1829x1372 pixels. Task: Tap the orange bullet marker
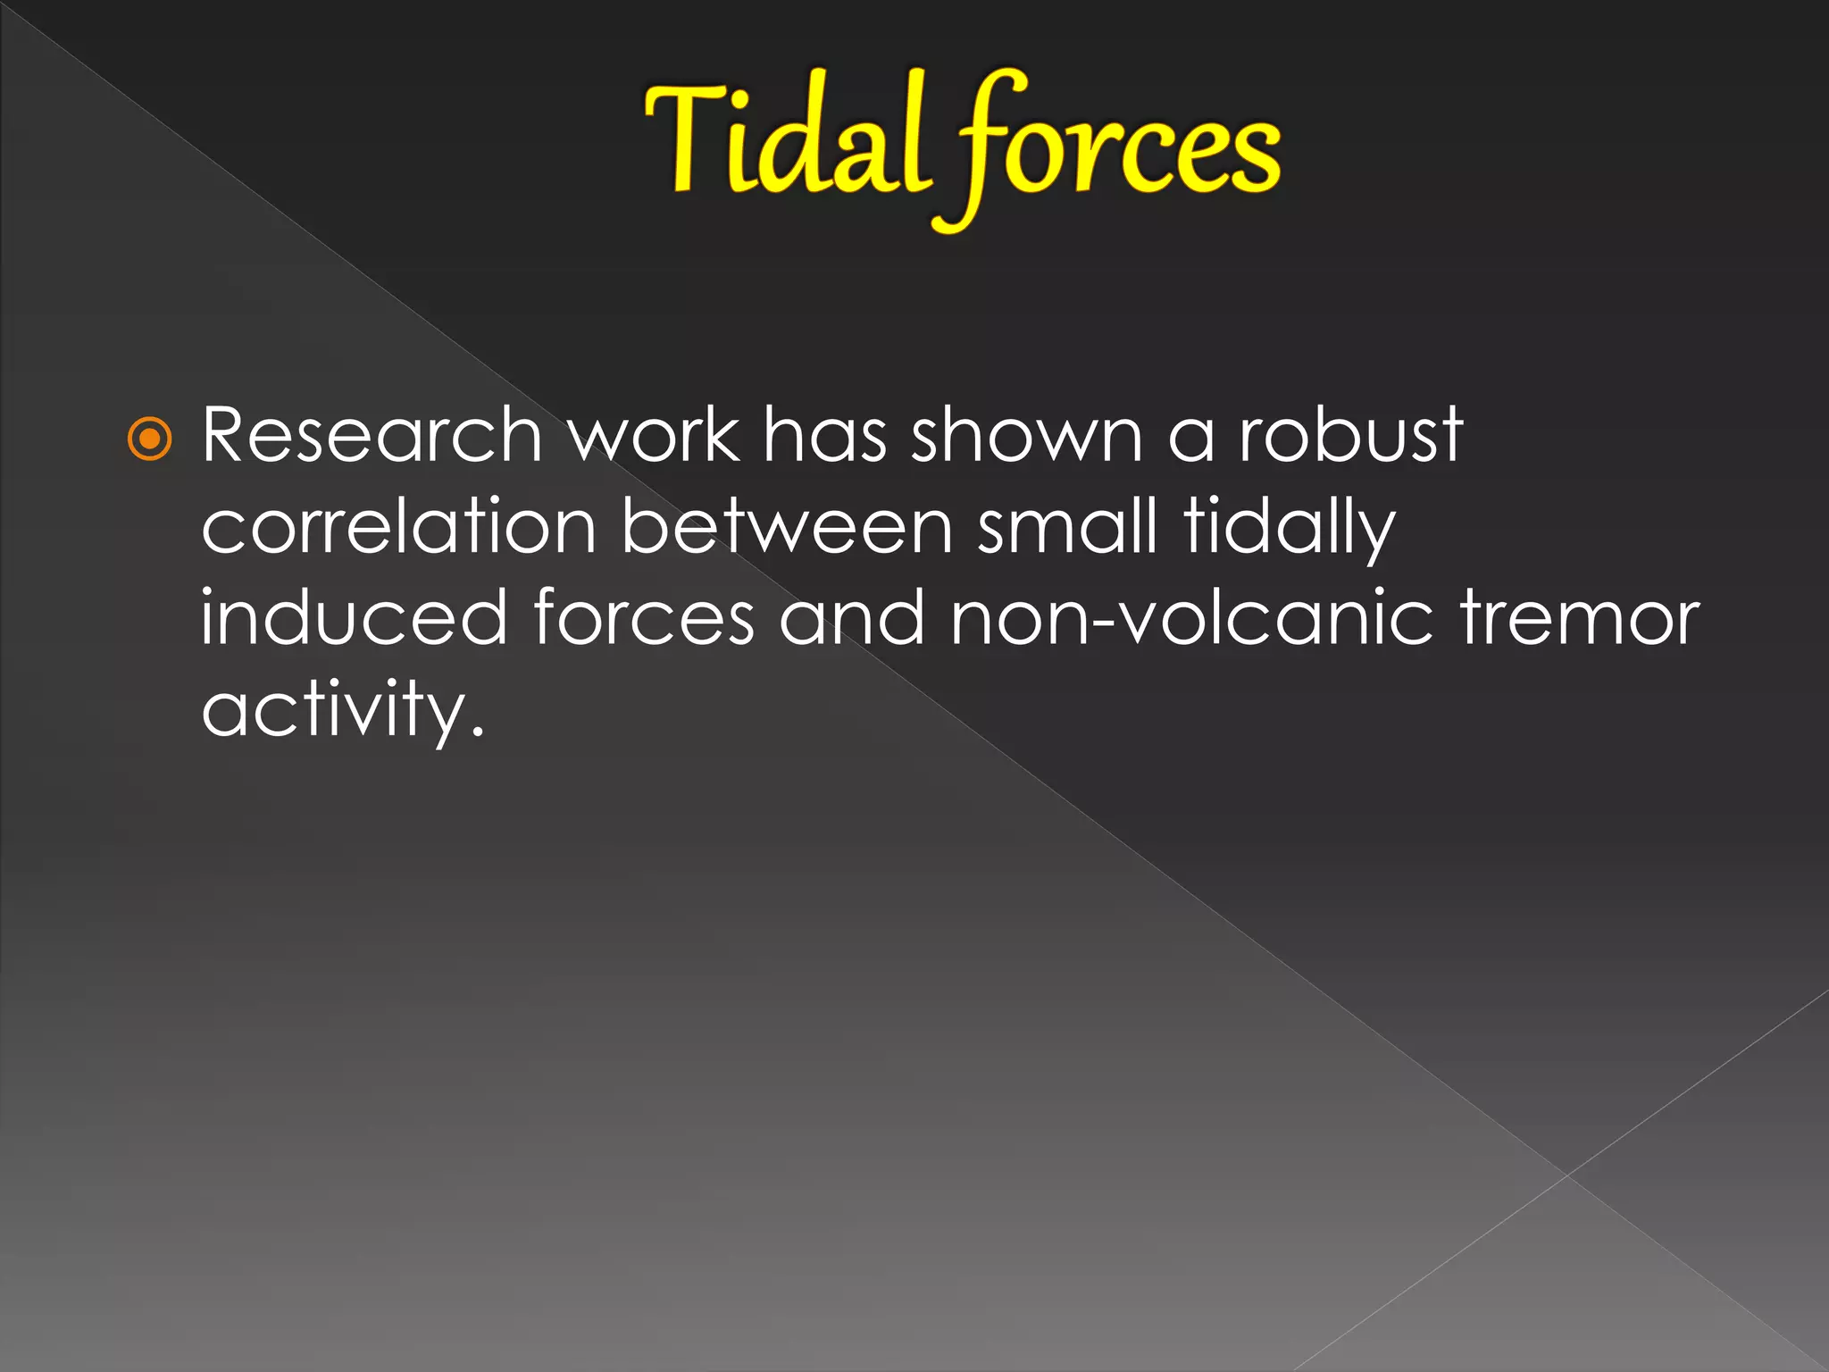tap(149, 439)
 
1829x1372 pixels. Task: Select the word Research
tap(372, 436)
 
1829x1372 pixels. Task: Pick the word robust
tap(1350, 436)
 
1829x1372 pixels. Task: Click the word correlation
tap(398, 528)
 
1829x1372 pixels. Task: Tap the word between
tap(787, 528)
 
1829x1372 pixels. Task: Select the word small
tap(1067, 528)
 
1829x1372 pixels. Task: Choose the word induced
tap(354, 619)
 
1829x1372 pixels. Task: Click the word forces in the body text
tap(644, 619)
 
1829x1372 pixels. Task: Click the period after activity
tap(478, 733)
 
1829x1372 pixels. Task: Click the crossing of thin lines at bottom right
tap(1567, 1175)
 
